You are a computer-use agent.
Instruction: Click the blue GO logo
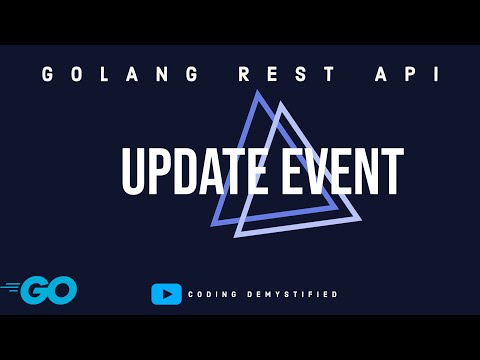click(x=48, y=291)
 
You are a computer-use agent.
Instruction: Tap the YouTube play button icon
click(x=166, y=294)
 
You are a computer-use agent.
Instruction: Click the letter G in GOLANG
click(x=48, y=75)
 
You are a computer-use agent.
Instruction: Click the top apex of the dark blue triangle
click(x=258, y=92)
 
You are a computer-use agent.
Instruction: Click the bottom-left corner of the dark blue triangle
click(x=213, y=223)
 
